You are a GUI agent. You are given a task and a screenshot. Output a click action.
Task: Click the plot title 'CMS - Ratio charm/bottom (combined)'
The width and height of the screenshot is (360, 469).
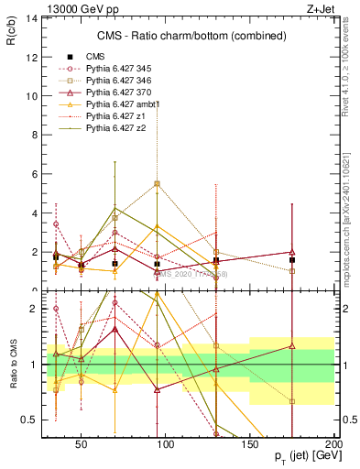click(191, 37)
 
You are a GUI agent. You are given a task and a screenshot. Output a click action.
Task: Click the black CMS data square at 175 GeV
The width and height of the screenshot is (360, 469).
click(291, 259)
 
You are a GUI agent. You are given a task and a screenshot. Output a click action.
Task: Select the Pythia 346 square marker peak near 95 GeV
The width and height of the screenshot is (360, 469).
click(158, 184)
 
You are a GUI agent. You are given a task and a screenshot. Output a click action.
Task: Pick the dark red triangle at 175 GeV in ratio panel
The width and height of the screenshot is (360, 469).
click(291, 346)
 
